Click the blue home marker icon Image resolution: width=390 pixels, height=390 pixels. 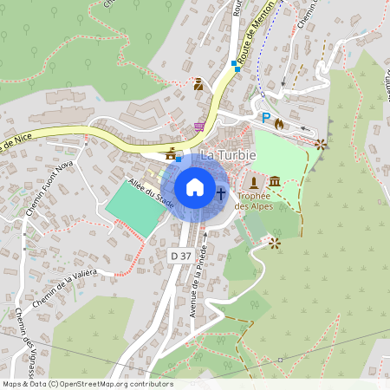(x=195, y=187)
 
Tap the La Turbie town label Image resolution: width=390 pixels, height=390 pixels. (x=231, y=154)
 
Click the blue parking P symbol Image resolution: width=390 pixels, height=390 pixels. (x=266, y=118)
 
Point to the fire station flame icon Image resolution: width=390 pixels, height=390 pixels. (x=278, y=124)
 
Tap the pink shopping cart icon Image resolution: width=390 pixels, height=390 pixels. (x=199, y=127)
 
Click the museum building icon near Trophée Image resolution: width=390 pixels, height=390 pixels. (x=275, y=180)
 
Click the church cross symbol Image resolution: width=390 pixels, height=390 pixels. (x=221, y=192)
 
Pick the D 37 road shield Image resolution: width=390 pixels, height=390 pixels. (x=179, y=255)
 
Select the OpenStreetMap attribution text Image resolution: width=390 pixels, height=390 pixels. (x=88, y=384)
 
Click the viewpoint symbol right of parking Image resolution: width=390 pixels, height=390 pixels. (x=322, y=144)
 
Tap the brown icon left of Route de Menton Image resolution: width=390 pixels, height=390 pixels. (x=198, y=84)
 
